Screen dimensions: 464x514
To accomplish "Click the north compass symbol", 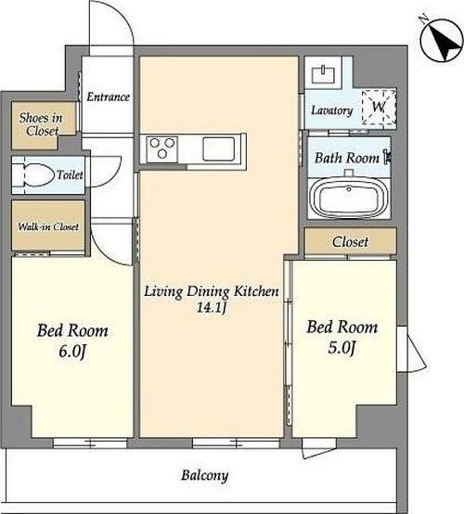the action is [x=442, y=40].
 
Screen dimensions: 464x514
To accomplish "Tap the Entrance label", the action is [x=108, y=97].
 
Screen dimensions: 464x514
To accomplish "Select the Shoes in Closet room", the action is [x=43, y=125].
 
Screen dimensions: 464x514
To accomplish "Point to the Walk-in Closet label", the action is [x=48, y=226].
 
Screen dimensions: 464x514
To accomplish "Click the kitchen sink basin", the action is [x=218, y=149].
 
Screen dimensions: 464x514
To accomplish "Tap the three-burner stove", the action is [x=161, y=149].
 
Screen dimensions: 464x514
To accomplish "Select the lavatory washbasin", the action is [x=323, y=74].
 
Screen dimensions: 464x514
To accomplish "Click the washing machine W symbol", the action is [x=379, y=107].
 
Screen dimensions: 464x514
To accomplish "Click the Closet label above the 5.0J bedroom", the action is [x=350, y=242].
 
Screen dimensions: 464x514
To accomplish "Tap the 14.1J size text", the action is [x=211, y=307].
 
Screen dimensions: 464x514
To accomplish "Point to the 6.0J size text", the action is [x=72, y=352].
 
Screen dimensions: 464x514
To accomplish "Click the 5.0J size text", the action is [x=342, y=348].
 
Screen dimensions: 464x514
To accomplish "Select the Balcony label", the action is [x=204, y=475].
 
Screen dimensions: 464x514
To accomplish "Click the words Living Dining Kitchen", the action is [x=212, y=291].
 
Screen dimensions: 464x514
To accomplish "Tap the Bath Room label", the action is [x=347, y=158].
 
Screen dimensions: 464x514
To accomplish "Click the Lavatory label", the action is [x=332, y=110].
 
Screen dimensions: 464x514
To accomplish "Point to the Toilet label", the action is [x=70, y=174].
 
